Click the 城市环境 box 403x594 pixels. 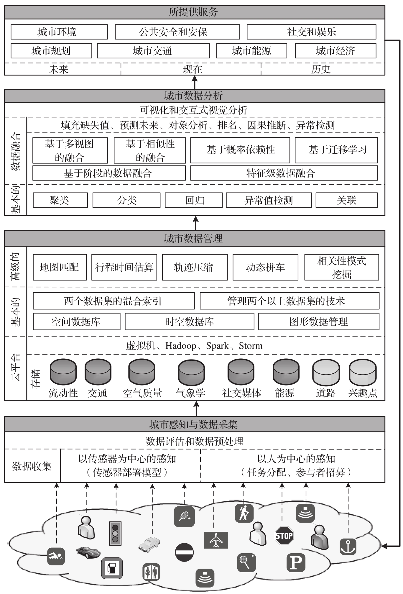point(59,32)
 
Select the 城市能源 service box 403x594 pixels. point(251,51)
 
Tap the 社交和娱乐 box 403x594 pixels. point(311,32)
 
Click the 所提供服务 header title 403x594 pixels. point(193,12)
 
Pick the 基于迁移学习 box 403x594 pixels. point(336,150)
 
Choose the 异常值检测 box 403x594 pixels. point(269,200)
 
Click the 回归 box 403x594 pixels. point(194,200)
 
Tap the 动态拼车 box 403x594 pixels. point(265,267)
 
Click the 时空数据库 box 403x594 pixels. point(190,321)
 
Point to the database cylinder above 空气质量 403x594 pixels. point(142,372)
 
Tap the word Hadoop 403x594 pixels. point(181,346)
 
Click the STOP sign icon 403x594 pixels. point(284,535)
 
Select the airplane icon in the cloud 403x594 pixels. point(216,540)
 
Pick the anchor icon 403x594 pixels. point(348,547)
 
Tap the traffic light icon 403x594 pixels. point(115,533)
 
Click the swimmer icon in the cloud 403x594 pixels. point(56,557)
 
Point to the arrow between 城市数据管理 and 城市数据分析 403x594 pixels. point(195,223)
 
